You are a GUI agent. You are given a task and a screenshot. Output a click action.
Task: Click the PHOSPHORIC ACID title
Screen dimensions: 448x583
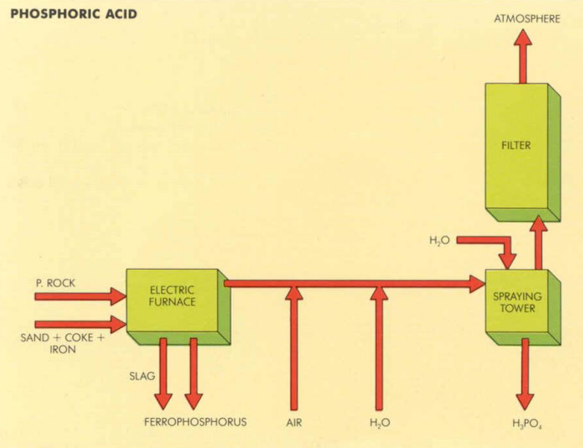[x=73, y=15]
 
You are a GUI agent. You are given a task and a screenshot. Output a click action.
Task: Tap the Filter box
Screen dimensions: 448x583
[x=516, y=146]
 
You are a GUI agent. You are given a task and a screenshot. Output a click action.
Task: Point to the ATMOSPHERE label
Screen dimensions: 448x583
[x=526, y=18]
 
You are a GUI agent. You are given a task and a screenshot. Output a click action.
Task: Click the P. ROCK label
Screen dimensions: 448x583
[x=56, y=283]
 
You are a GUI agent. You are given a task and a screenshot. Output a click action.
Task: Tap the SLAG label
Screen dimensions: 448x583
[x=142, y=376]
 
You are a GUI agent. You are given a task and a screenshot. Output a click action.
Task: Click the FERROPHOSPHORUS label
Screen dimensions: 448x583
[x=196, y=422]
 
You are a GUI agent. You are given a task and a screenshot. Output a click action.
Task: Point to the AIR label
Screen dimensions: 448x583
[x=294, y=422]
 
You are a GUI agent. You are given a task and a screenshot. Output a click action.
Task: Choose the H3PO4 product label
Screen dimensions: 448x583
[x=526, y=423]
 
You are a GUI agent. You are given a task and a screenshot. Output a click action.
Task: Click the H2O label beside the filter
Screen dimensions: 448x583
[x=440, y=241]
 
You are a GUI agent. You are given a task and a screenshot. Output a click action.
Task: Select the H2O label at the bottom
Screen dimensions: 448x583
[x=380, y=422]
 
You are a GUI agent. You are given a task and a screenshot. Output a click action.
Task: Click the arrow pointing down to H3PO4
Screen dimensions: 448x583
[x=525, y=375]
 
